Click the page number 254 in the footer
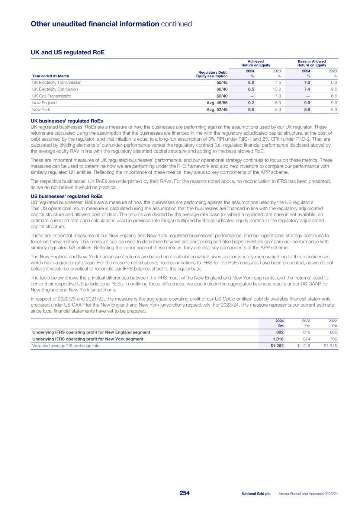click(x=184, y=493)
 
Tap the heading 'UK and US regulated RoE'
click(x=68, y=52)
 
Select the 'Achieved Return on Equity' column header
click(x=255, y=63)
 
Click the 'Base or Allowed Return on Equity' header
click(x=312, y=63)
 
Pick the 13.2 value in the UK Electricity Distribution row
click(x=277, y=89)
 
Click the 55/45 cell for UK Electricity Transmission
click(x=222, y=83)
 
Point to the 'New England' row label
click(x=44, y=103)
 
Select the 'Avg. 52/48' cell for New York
click(x=217, y=110)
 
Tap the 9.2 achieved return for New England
click(x=251, y=103)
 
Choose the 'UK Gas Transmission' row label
click(x=52, y=96)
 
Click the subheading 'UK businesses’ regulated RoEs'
click(x=67, y=121)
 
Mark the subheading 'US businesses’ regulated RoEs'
click(x=67, y=196)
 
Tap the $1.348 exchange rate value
click(x=331, y=346)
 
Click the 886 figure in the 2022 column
click(x=333, y=332)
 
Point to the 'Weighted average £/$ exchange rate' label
click(x=66, y=346)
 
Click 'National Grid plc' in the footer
click(x=256, y=493)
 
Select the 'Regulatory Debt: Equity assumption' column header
click(x=212, y=74)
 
